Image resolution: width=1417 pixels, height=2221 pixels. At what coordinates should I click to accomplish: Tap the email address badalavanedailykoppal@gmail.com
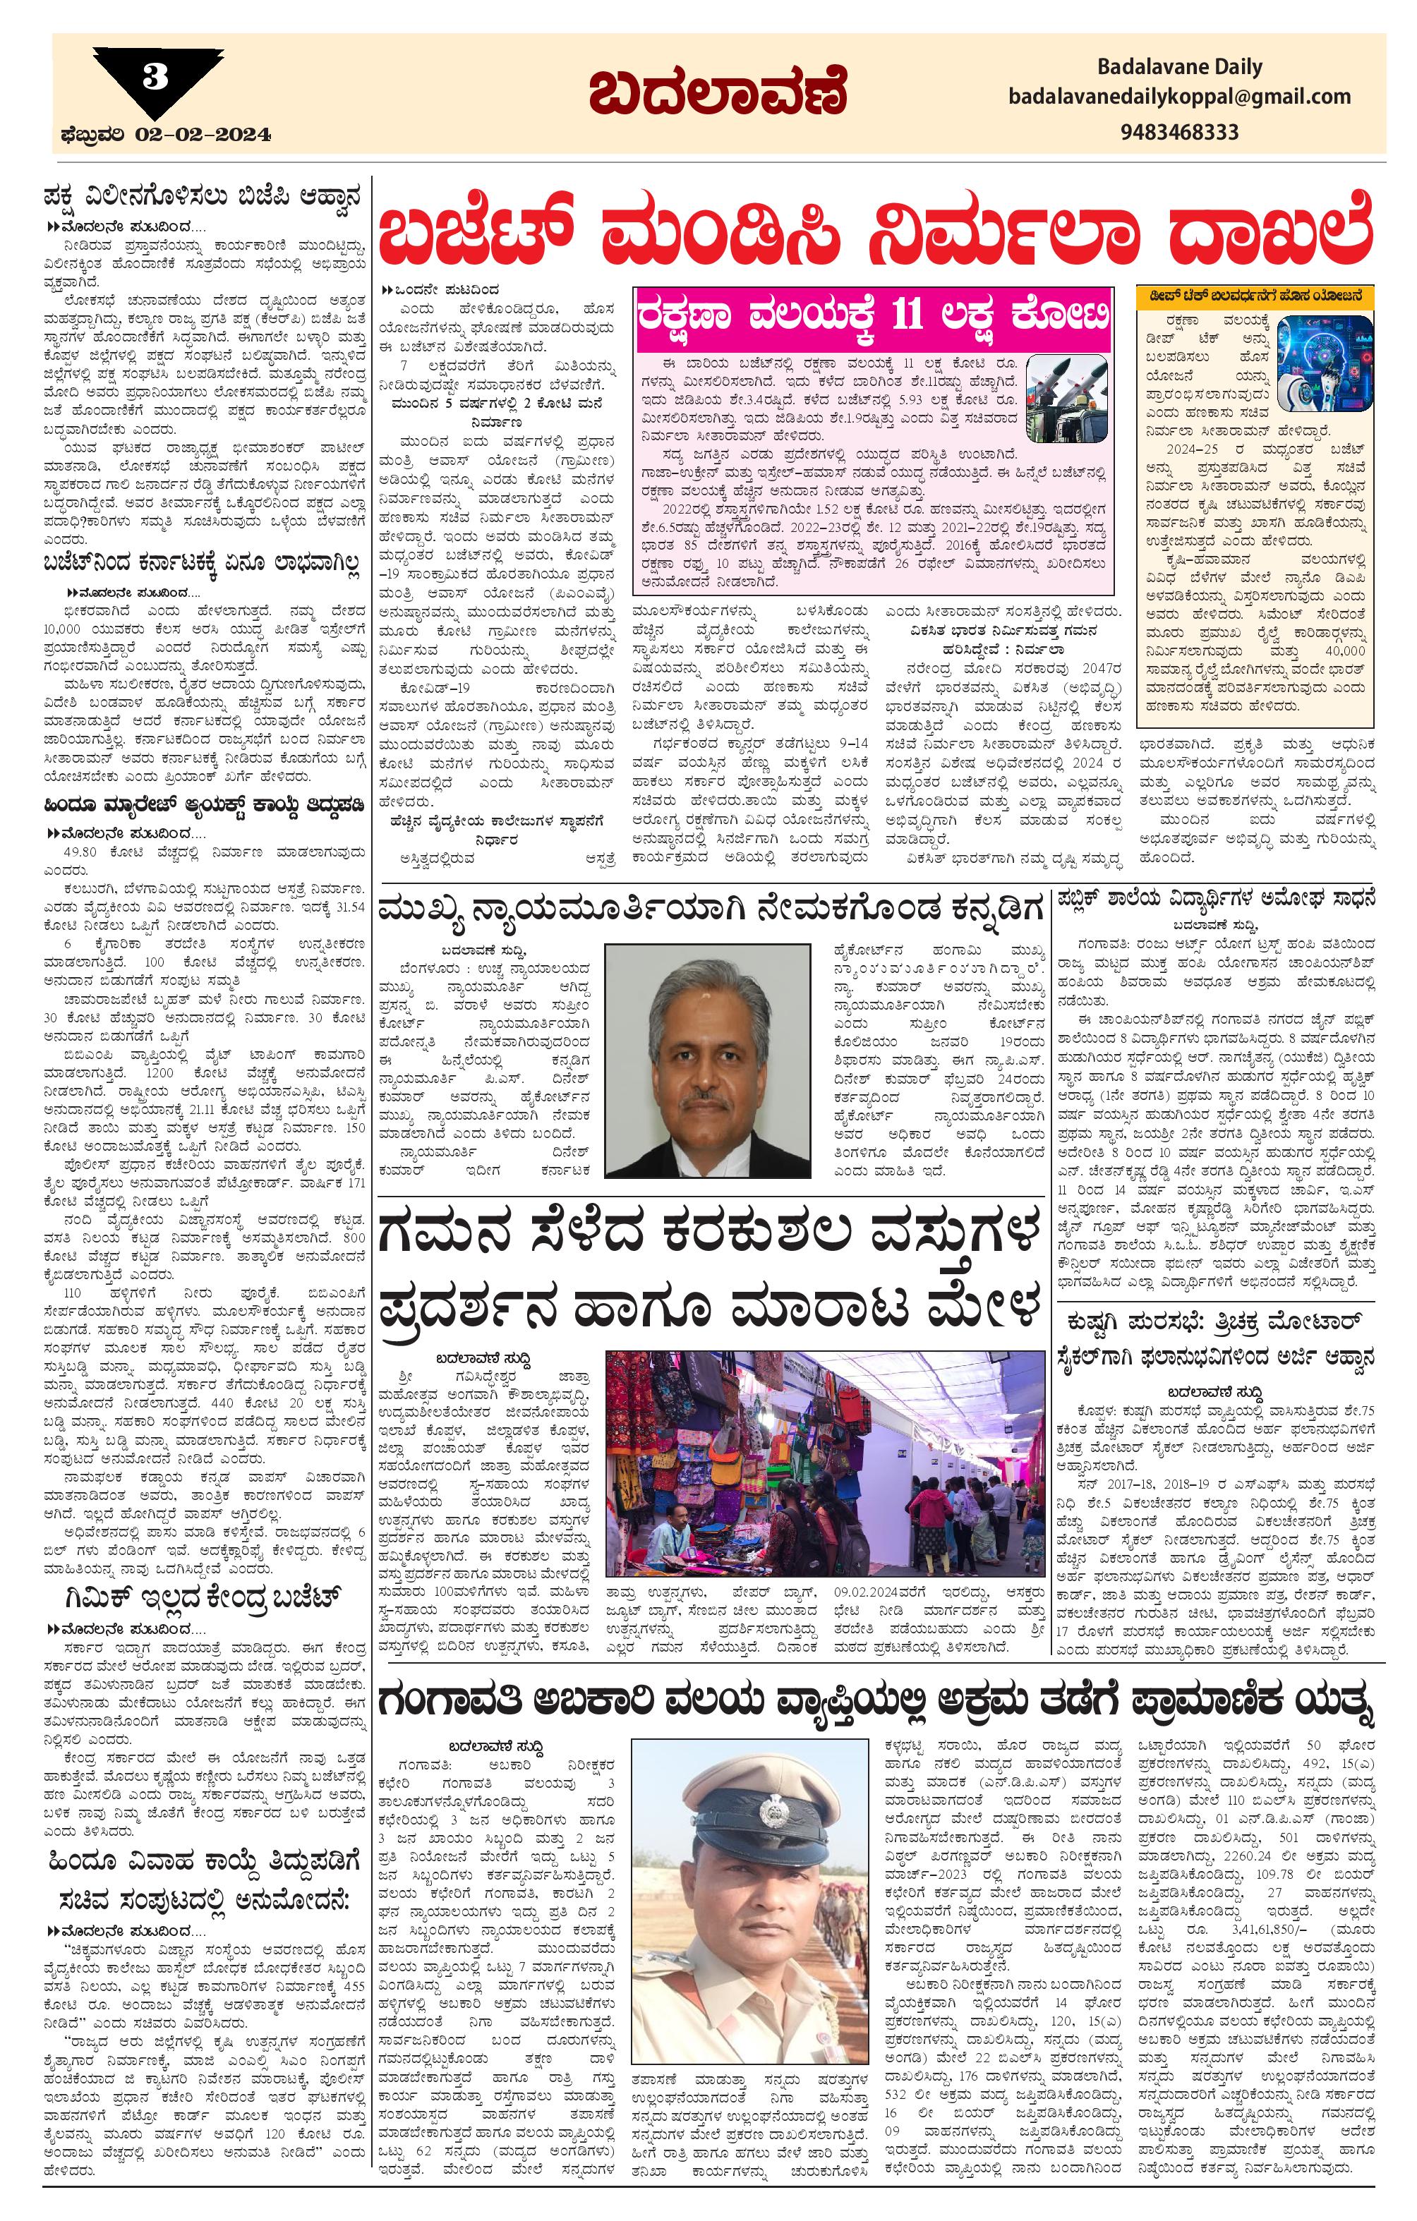pos(1179,97)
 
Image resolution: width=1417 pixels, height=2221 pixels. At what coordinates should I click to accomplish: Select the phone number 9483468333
pos(1180,132)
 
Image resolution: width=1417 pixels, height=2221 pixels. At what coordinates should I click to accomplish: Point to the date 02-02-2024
pos(203,135)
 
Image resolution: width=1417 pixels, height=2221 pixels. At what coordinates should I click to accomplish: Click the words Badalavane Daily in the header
pos(1179,66)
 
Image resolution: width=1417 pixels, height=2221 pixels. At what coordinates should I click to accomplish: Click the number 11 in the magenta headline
pos(912,315)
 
